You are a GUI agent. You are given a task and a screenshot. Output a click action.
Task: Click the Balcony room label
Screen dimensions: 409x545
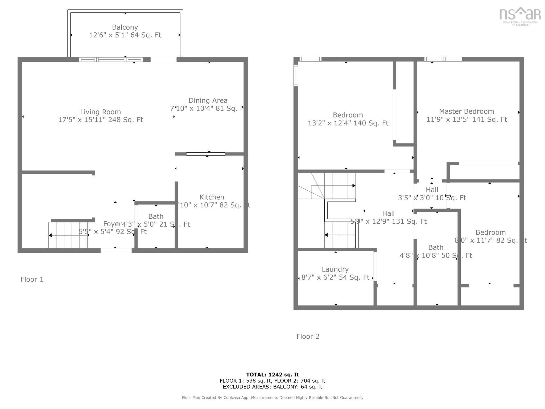coord(125,27)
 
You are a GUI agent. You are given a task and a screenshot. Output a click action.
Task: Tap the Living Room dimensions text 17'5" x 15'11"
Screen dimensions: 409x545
coord(100,120)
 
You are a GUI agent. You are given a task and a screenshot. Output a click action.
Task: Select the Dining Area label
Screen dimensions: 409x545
coord(208,101)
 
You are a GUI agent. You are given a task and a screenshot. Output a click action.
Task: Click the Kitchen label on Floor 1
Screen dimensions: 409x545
coord(212,197)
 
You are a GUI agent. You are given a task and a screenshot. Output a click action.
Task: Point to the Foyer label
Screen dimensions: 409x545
coord(112,224)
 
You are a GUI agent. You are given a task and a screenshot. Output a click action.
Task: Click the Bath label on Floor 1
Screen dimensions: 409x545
coord(156,216)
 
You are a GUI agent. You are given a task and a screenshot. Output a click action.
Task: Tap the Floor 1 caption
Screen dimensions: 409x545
coord(32,279)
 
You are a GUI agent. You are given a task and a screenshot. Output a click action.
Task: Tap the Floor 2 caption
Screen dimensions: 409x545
coord(308,337)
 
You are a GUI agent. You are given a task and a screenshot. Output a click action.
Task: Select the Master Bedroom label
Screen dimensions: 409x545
coord(466,112)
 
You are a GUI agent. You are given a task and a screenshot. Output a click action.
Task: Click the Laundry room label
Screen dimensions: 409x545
coord(335,269)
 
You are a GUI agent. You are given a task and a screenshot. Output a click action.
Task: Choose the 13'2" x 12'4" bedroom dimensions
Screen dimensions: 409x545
coord(348,123)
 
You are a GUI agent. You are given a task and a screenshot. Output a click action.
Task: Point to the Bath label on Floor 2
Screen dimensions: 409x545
coord(436,248)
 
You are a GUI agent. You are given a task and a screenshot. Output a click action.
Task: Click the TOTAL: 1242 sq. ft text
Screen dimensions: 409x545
coord(272,375)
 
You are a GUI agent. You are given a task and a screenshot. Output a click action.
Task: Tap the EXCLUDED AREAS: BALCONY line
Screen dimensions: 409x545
coord(272,387)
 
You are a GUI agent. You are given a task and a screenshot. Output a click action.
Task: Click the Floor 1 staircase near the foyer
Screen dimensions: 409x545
coord(68,235)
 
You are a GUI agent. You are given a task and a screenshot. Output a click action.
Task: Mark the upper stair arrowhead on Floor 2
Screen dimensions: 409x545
coord(354,186)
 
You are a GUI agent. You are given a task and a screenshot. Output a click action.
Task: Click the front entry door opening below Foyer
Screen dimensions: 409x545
coord(116,251)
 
